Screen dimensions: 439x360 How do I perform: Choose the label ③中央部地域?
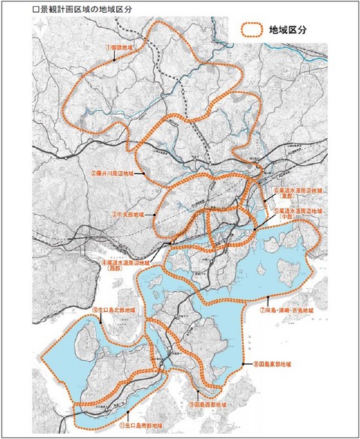click(x=130, y=214)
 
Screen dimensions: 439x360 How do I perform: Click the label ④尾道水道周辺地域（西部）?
click(x=122, y=266)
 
